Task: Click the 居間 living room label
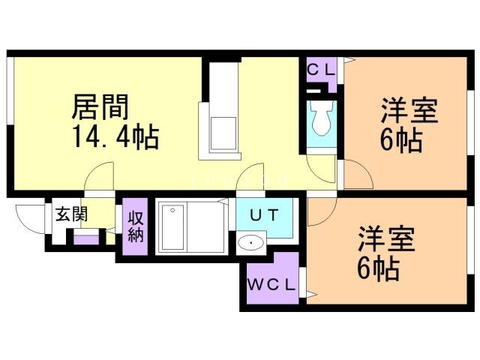tap(100, 106)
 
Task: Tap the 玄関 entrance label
tap(70, 214)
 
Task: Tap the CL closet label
tap(322, 69)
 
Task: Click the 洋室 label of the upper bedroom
tap(409, 110)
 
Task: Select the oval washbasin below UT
tap(250, 243)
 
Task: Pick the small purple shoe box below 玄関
tap(86, 241)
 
